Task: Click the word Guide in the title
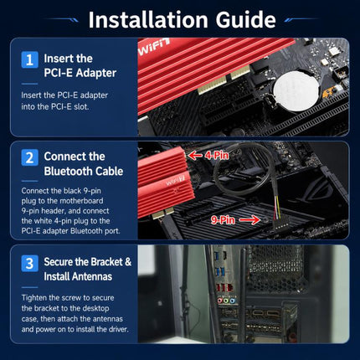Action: pos(246,20)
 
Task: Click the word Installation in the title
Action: pos(148,20)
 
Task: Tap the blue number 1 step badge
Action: pos(29,59)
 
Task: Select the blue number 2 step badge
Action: pos(29,157)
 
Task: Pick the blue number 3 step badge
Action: pos(29,263)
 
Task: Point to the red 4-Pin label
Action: pos(217,155)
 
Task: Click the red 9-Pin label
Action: pos(223,220)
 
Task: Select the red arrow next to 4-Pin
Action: pos(195,155)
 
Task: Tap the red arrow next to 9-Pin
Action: pos(249,220)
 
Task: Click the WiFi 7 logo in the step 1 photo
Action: pos(154,47)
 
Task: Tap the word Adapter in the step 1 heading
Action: pos(96,73)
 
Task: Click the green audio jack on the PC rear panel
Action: pos(226,301)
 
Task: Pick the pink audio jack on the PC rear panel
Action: pos(220,301)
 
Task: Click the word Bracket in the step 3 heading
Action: pos(107,262)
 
